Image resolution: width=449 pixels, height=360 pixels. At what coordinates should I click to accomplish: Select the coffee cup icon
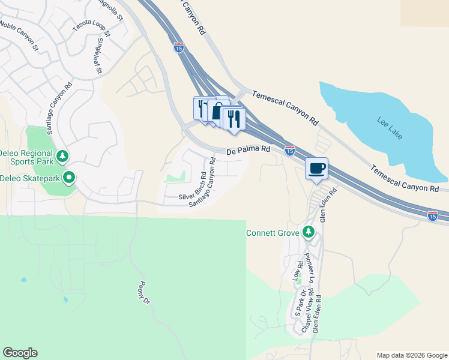[x=316, y=169]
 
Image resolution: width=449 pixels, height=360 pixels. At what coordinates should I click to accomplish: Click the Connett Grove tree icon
[x=309, y=232]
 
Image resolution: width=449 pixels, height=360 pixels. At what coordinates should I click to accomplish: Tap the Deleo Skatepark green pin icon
[x=69, y=178]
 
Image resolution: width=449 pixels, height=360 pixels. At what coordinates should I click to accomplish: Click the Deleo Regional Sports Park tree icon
[x=62, y=157]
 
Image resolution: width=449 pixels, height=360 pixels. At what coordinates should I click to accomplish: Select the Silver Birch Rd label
[x=193, y=187]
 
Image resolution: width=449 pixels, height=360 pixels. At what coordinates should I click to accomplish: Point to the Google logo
[x=20, y=353]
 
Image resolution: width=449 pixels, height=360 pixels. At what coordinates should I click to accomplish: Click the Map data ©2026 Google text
[x=411, y=355]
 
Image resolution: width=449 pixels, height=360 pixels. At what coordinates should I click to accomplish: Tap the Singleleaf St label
[x=100, y=57]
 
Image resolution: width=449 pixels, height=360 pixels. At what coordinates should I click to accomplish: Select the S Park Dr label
[x=298, y=302]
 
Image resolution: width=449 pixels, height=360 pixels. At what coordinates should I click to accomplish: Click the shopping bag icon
[x=217, y=112]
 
